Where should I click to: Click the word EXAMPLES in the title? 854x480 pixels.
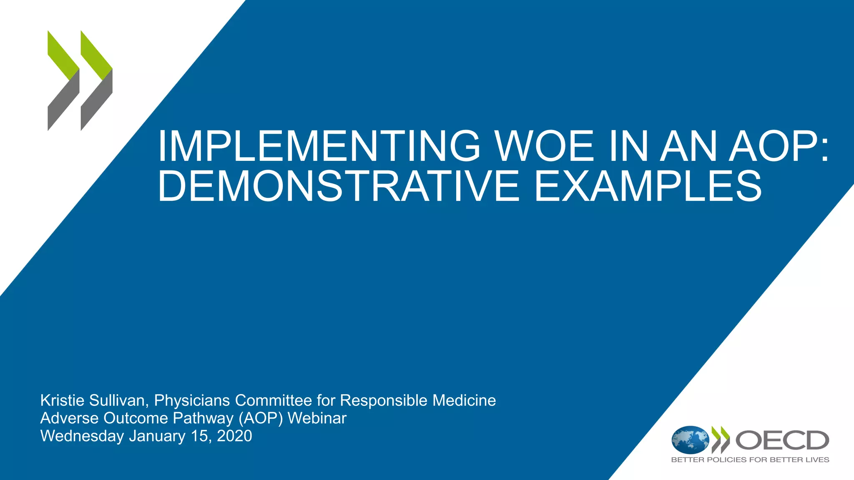coord(648,186)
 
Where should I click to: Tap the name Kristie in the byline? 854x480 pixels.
coord(62,400)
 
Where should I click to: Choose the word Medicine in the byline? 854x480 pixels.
coord(464,400)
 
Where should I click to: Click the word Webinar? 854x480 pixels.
coord(317,418)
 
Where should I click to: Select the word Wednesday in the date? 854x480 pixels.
coord(82,436)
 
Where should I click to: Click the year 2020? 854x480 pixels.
coord(234,436)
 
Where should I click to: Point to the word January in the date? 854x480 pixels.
coord(157,436)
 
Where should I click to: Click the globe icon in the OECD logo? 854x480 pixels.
coord(690,440)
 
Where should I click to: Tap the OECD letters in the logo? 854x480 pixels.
coord(782,440)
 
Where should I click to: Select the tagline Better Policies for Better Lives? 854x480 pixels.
coord(750,460)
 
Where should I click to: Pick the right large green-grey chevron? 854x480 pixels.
coord(96,80)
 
